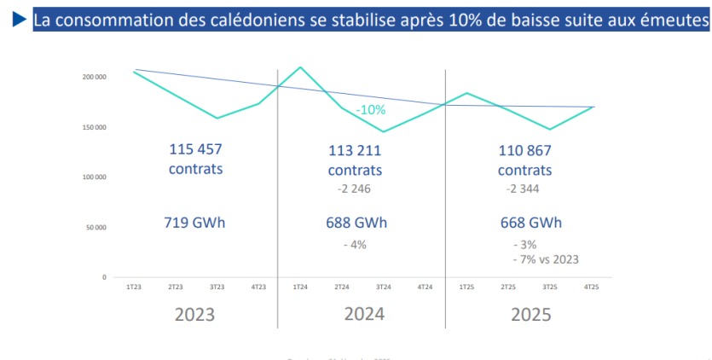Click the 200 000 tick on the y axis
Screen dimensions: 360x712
(x=94, y=78)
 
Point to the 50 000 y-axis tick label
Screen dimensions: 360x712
(x=96, y=228)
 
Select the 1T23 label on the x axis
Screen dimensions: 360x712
(x=133, y=287)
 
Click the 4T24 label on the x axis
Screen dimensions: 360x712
(x=425, y=287)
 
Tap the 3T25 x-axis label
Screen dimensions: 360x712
(x=551, y=287)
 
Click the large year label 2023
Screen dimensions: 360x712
(x=194, y=314)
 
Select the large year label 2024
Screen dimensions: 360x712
(x=364, y=313)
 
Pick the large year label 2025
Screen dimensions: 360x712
(x=531, y=314)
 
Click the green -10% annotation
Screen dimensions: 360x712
(x=371, y=110)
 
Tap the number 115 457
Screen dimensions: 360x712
(x=195, y=148)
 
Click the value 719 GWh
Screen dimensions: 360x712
(x=194, y=223)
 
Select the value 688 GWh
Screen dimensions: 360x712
(x=356, y=223)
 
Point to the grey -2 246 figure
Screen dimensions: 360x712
(x=354, y=189)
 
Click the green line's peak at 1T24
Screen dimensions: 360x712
(x=300, y=67)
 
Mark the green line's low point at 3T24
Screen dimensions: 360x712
(x=383, y=131)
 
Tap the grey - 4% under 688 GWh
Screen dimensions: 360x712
(x=355, y=245)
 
